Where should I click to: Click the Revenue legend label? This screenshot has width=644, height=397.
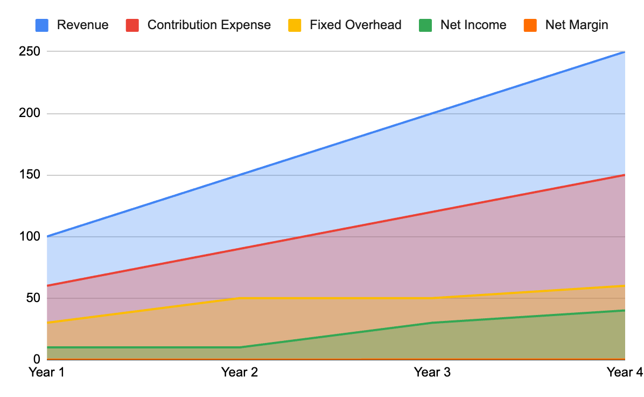[x=82, y=25]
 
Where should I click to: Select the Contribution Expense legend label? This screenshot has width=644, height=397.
[x=209, y=25]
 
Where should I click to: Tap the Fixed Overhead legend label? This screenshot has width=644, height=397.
[x=355, y=25]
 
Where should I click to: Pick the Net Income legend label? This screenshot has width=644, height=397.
[x=473, y=25]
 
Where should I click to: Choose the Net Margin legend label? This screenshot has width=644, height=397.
[x=577, y=25]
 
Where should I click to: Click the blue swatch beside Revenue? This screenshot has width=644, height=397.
[x=42, y=25]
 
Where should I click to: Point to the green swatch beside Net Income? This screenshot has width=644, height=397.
[x=426, y=25]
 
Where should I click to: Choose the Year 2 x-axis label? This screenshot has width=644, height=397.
[x=240, y=372]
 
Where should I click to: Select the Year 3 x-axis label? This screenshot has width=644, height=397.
[x=432, y=372]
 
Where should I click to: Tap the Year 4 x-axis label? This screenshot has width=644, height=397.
[x=624, y=372]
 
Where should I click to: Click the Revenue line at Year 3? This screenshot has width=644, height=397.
[x=432, y=113]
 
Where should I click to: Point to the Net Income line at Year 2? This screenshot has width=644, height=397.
[x=240, y=347]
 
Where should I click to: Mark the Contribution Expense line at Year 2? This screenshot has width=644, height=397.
[x=240, y=249]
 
